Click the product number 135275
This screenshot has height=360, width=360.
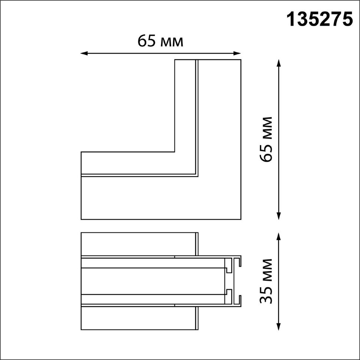[x=320, y=19]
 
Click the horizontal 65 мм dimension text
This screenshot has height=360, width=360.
[x=160, y=41]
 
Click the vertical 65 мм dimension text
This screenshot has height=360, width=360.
[x=266, y=140]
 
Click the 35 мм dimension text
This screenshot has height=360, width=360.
[x=266, y=281]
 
